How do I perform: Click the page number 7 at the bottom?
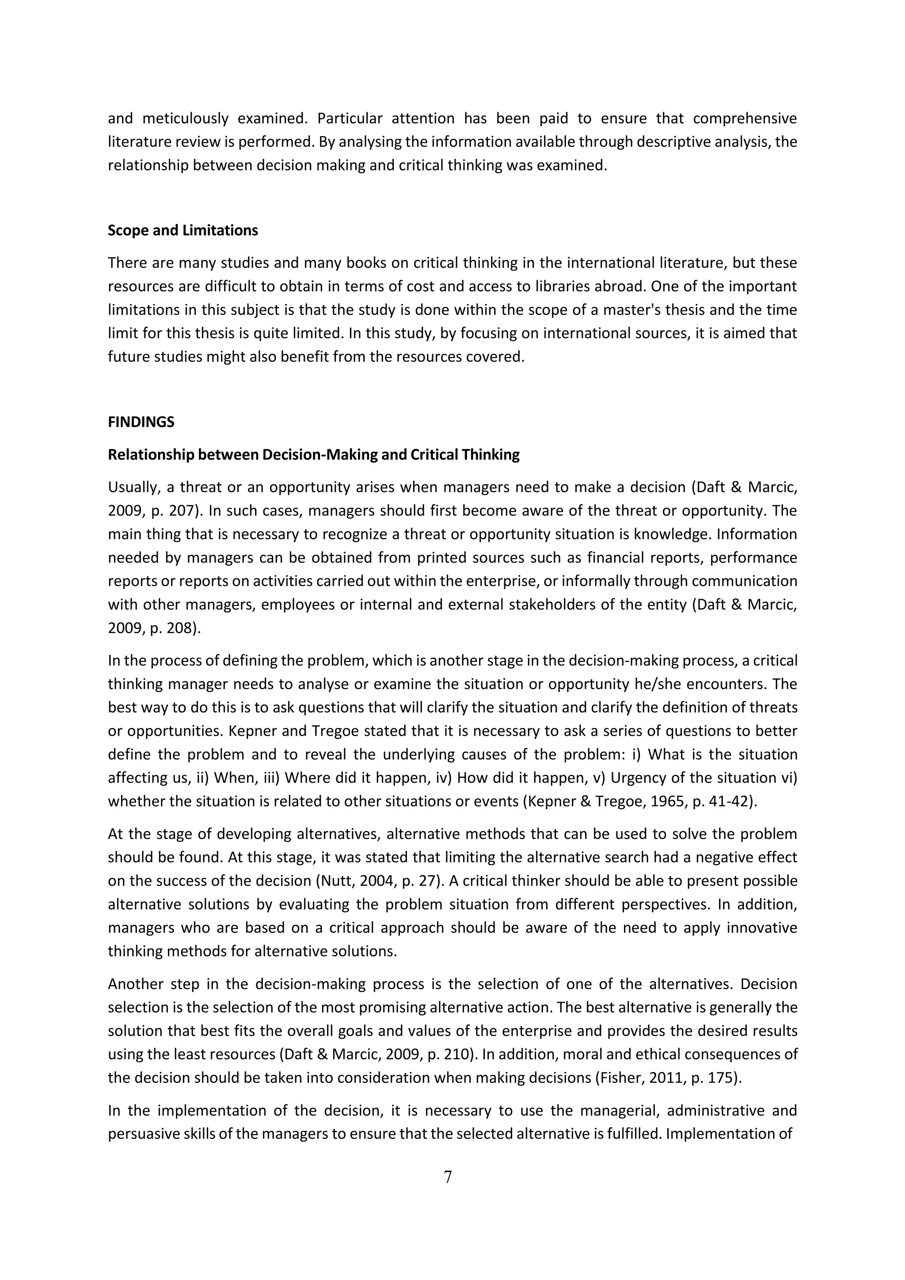click(447, 1177)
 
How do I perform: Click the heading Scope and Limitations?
click(183, 230)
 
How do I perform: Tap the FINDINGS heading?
click(141, 422)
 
